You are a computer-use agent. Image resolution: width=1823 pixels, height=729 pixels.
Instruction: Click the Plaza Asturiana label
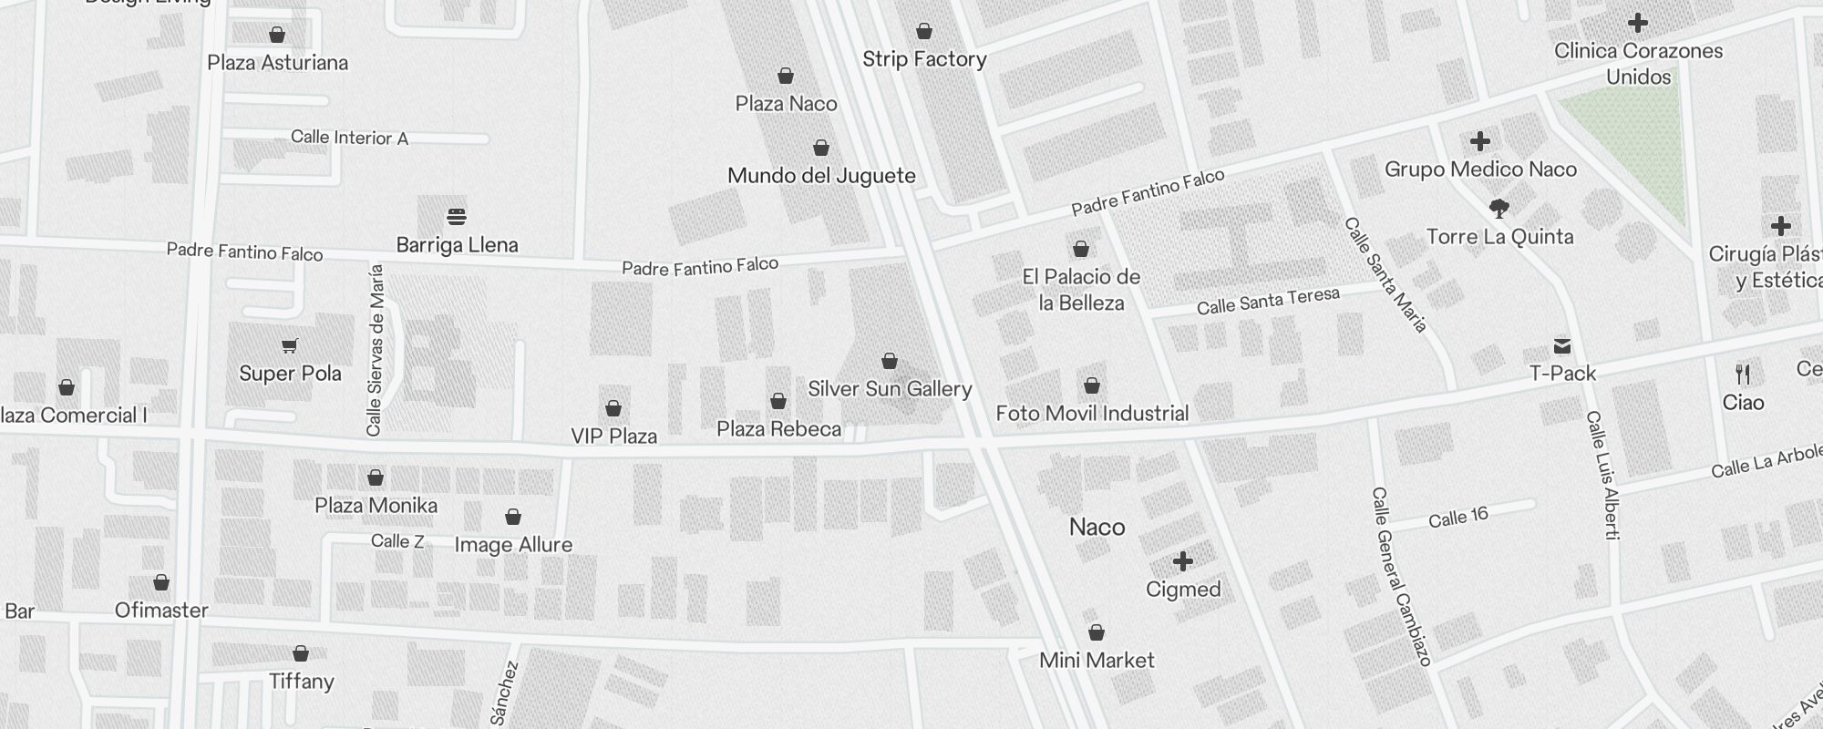pos(278,63)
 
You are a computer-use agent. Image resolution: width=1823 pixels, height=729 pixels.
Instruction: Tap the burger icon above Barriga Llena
pos(457,217)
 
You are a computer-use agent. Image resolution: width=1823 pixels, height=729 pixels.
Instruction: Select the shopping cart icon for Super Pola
pos(290,345)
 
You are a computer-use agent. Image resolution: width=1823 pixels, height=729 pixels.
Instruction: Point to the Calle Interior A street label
pos(349,138)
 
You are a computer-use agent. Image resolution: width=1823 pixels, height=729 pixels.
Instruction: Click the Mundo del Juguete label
pos(821,176)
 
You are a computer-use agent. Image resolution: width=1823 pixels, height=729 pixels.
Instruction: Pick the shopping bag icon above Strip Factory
pos(924,32)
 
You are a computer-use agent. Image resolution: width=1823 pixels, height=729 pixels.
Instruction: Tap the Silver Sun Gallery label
pos(890,389)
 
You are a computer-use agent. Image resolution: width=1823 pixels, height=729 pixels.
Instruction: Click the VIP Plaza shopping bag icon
pos(613,407)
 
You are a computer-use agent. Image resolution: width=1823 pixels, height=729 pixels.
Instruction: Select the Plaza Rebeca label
pos(778,429)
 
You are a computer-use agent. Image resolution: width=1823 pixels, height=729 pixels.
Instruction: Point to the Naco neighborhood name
pos(1097,528)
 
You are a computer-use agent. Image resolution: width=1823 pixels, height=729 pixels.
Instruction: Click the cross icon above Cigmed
pos(1183,561)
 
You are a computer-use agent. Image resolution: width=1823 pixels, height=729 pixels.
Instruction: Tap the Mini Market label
pos(1097,661)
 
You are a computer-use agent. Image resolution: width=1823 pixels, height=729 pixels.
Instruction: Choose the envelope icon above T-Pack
pos(1562,346)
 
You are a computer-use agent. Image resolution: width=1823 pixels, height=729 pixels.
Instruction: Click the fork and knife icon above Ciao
pos(1743,374)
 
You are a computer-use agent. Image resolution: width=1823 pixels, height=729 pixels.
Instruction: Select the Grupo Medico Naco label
pos(1480,169)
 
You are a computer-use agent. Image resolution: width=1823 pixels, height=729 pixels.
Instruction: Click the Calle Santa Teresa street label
pos(1268,302)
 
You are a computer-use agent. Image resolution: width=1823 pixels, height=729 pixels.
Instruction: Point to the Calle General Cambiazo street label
pos(1402,576)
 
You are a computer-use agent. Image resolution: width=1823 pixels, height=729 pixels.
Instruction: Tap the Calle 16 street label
pos(1457,519)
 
